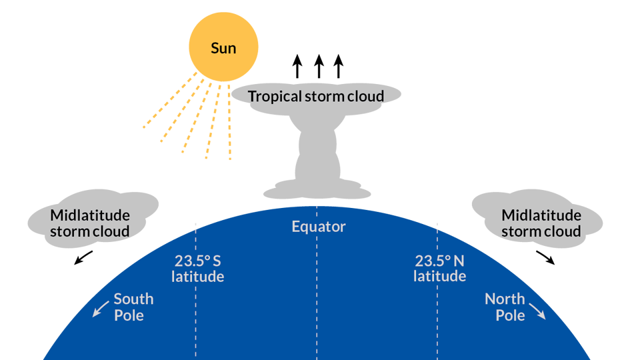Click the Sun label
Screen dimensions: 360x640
tap(223, 48)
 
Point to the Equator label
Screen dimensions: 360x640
tap(319, 227)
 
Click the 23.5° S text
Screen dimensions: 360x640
tap(197, 261)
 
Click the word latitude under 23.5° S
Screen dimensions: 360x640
tap(197, 276)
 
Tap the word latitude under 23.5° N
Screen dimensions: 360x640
tap(439, 276)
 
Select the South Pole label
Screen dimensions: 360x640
tap(133, 307)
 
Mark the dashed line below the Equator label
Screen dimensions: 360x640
tap(317, 300)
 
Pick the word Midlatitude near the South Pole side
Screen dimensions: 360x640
tap(90, 215)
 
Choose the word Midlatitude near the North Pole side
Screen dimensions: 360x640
tap(541, 215)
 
